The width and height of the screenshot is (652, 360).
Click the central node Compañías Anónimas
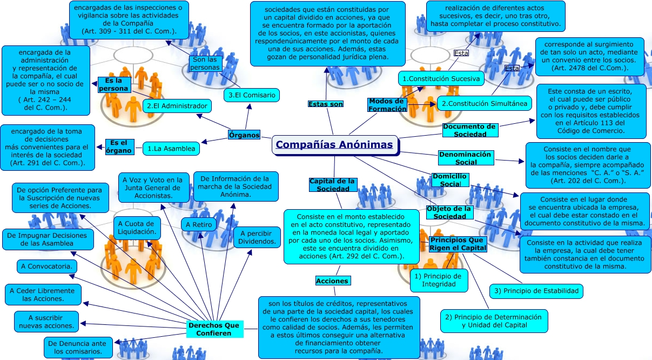tap(334, 145)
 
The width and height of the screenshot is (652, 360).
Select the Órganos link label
tap(244, 135)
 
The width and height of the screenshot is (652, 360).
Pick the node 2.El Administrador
tap(177, 106)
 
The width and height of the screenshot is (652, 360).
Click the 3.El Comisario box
tap(252, 96)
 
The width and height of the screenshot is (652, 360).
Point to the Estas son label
tap(326, 104)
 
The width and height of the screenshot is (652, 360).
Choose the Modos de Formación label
tap(387, 105)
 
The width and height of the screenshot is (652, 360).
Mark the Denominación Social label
tap(466, 158)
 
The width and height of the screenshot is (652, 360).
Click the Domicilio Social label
tap(449, 180)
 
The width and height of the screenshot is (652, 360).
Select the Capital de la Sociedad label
tap(333, 185)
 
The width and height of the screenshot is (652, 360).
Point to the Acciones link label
tap(332, 281)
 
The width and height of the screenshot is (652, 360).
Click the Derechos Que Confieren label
tap(214, 329)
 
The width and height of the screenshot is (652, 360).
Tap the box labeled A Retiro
tap(198, 224)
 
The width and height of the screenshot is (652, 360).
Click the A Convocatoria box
tap(47, 266)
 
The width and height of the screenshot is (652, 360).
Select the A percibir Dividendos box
tap(257, 237)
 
